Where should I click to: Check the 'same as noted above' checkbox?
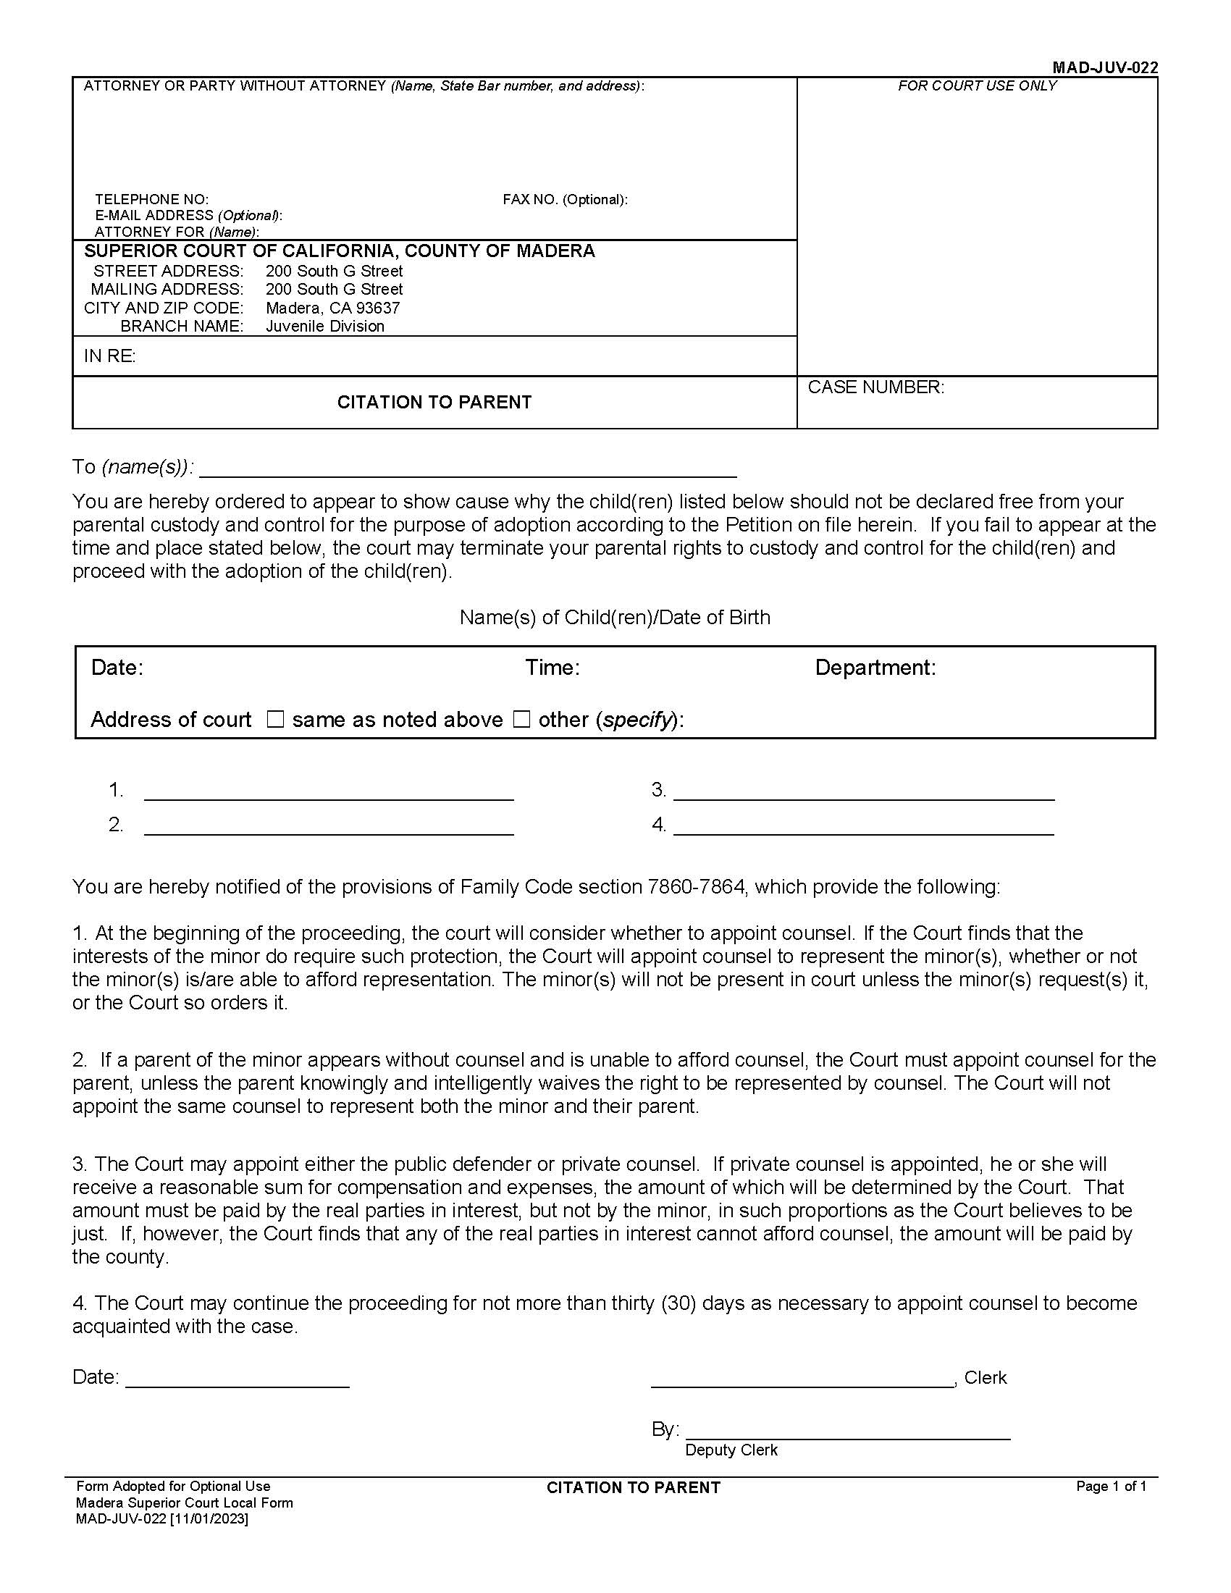275,720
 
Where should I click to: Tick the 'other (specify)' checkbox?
521,720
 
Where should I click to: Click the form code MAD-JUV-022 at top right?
1104,68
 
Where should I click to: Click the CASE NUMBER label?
875,387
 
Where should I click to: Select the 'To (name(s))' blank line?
468,467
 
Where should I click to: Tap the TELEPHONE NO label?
151,199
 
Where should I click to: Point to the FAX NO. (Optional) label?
565,199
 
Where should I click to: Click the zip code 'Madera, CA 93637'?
332,308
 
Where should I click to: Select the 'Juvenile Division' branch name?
324,326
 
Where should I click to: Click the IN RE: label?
110,356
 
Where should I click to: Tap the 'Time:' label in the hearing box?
552,668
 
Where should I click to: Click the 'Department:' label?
875,668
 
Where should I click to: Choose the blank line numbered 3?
863,791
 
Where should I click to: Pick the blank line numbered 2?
329,825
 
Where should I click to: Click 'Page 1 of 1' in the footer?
1111,1487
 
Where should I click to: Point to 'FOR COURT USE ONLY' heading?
977,86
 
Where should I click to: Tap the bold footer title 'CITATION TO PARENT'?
633,1488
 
